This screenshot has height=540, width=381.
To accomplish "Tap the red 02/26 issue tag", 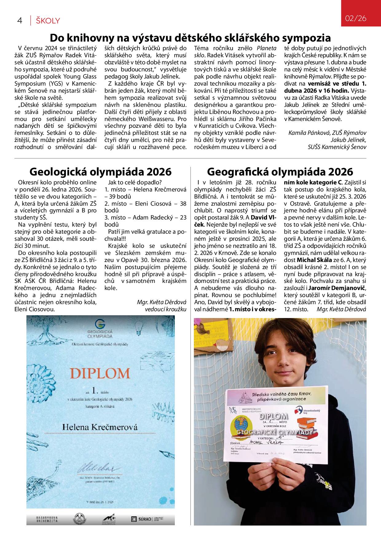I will (x=356, y=18).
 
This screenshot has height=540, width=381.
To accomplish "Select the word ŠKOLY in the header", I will (x=48, y=21).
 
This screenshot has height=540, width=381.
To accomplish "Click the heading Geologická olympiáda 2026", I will (x=100, y=171).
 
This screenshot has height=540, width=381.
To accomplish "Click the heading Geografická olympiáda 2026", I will (x=280, y=171).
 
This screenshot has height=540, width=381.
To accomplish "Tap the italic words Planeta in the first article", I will (x=266, y=48).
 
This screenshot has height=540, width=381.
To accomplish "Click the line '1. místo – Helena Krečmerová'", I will (x=146, y=189).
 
